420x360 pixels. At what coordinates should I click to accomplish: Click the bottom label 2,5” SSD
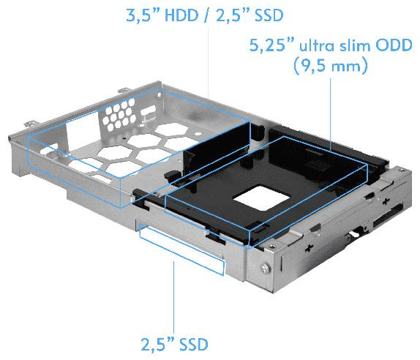[173, 342]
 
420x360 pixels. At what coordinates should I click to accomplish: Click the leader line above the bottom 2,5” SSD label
[173, 293]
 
